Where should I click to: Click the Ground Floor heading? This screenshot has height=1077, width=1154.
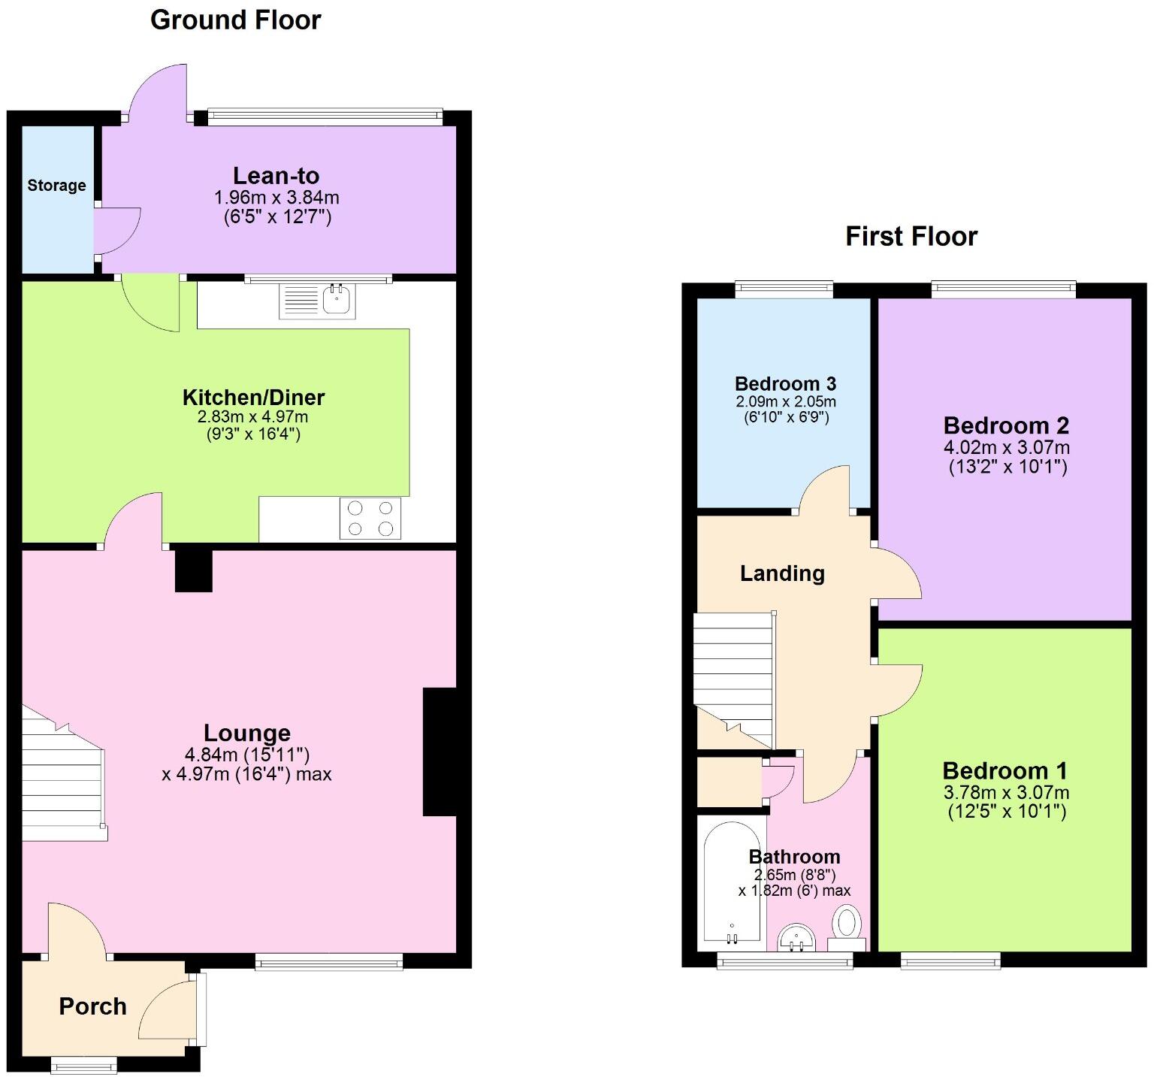click(235, 20)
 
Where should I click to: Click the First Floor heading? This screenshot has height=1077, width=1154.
click(911, 236)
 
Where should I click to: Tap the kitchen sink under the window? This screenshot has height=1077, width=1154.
click(318, 301)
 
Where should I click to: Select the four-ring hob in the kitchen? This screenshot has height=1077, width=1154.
click(370, 519)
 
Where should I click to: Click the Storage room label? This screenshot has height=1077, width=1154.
click(56, 186)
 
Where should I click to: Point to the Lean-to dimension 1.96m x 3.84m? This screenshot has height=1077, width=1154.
click(276, 198)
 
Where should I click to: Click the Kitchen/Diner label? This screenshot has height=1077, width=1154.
click(253, 397)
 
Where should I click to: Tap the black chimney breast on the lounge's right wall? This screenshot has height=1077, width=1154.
click(440, 751)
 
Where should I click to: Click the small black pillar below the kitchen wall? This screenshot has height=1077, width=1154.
click(193, 570)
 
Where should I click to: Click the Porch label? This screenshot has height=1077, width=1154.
click(92, 1006)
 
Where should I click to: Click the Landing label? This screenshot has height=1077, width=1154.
click(782, 573)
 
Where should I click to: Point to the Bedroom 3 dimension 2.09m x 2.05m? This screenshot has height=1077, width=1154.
click(785, 401)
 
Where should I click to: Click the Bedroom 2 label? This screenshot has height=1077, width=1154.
click(1006, 425)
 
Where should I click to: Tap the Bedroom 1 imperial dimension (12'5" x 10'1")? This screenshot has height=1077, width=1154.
click(1006, 811)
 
